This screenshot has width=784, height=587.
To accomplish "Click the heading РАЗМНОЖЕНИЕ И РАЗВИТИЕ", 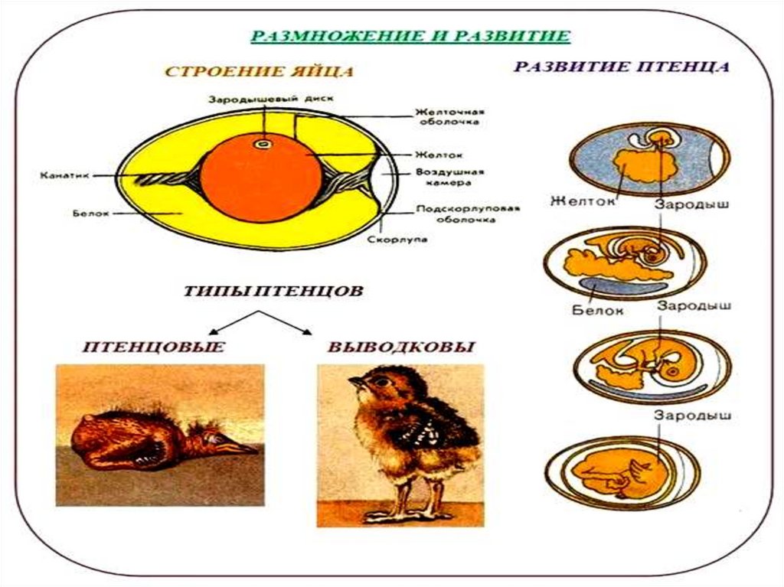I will point(411,36).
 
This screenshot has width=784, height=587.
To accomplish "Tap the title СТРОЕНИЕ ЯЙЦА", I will point(260,73).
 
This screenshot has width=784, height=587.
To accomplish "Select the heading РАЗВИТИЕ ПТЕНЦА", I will point(621,67).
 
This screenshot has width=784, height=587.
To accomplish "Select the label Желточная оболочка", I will point(448,116).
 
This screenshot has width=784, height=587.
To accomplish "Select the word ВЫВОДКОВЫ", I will point(401,347).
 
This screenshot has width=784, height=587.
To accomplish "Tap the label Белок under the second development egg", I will point(598,311).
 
